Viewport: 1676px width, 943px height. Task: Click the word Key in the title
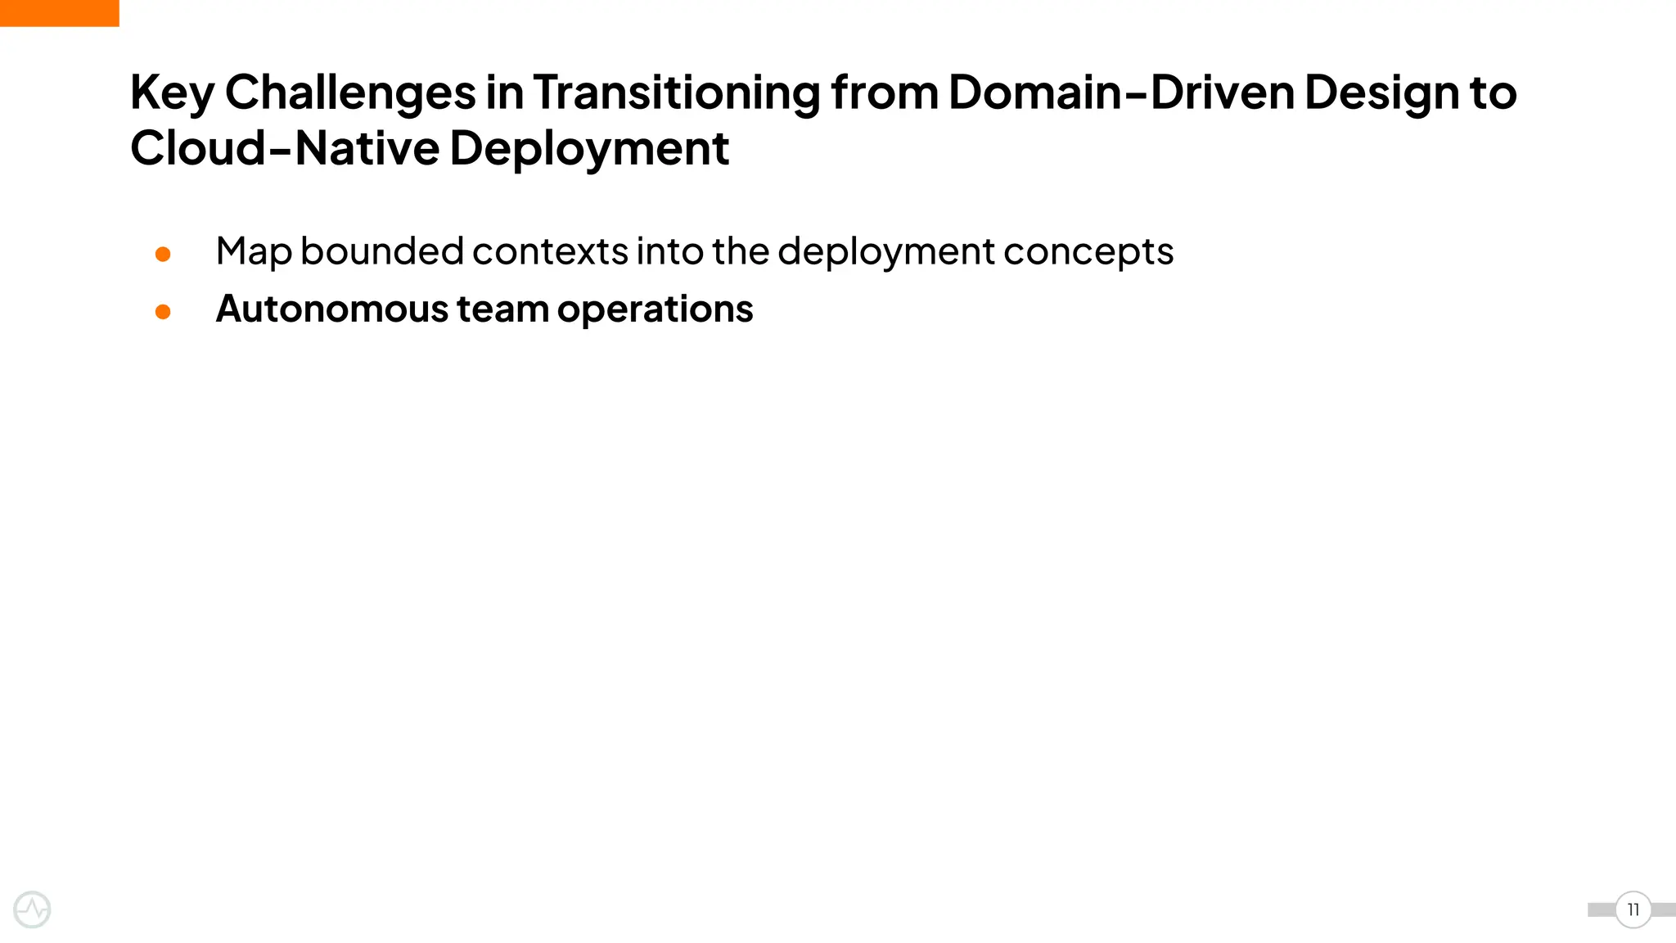[x=172, y=93]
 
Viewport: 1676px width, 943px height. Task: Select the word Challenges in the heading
[x=350, y=92]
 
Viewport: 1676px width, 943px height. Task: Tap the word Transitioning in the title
[x=677, y=92]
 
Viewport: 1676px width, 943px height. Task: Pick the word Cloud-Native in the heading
[x=285, y=148]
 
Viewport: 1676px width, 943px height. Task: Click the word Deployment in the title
[x=589, y=150]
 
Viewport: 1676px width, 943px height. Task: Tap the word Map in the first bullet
[x=253, y=252]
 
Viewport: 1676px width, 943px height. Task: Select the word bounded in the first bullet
[x=381, y=250]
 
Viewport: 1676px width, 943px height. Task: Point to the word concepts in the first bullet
[x=1088, y=252]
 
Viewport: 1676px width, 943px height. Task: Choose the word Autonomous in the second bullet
[x=332, y=309]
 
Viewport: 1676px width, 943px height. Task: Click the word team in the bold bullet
[x=502, y=309]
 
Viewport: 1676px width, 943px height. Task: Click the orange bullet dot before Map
[x=163, y=254]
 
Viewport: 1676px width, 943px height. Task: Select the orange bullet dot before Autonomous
[x=163, y=312]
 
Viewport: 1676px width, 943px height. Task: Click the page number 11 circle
[x=1633, y=909]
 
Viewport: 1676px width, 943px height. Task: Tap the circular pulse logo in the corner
[x=33, y=909]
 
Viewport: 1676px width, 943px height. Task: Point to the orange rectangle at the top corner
[x=59, y=13]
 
